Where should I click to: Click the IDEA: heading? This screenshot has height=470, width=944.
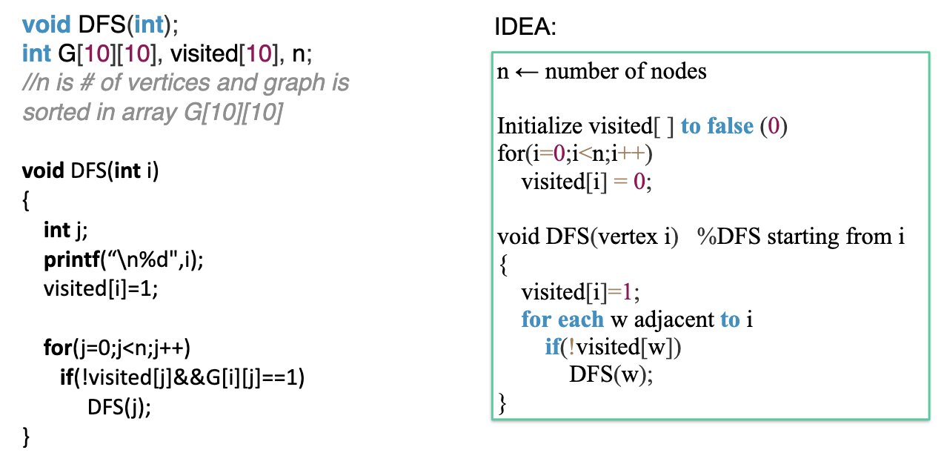tap(525, 27)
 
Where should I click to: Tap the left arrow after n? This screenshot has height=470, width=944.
tap(527, 73)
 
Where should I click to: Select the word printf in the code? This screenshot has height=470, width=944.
tap(72, 260)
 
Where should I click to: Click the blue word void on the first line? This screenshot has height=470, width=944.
tap(47, 24)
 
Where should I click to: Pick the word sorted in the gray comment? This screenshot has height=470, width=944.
tap(56, 112)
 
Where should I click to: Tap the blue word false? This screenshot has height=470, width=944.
tap(731, 126)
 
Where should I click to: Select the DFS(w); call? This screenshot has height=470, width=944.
tap(611, 374)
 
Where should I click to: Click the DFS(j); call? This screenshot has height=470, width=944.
tap(119, 407)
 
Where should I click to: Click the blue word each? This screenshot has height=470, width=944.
tap(581, 320)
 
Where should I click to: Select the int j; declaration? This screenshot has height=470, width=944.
tap(66, 231)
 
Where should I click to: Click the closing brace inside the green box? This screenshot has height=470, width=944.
tap(502, 403)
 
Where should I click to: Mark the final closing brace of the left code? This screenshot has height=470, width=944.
tap(26, 437)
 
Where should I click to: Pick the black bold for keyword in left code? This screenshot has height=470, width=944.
tap(58, 348)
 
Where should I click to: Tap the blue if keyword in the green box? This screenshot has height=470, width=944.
tap(553, 347)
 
